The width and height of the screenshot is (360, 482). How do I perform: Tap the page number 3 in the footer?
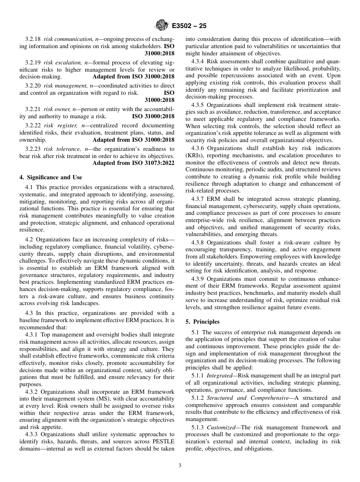[x=180, y=466]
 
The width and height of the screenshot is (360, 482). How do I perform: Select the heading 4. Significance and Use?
[x=50, y=177]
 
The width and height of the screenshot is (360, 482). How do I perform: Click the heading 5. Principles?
[x=202, y=322]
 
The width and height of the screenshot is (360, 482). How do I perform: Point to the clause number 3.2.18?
[x=33, y=39]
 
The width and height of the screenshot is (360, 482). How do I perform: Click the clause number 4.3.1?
[x=33, y=335]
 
